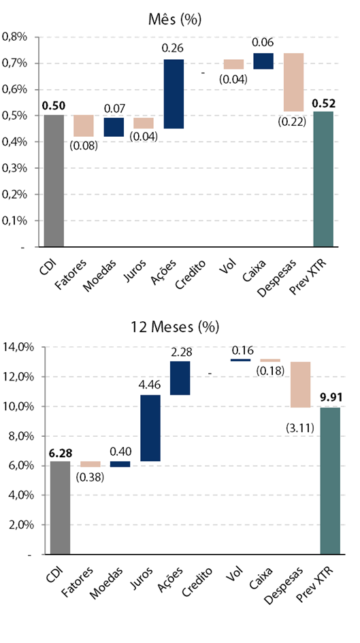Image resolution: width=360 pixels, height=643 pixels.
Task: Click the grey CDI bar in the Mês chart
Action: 54,181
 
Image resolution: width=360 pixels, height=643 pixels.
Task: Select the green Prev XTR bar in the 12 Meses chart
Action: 330,481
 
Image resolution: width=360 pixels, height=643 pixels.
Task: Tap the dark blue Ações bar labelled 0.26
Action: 174,94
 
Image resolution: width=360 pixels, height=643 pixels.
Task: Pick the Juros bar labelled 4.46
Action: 150,428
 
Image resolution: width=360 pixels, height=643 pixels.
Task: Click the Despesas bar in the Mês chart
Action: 293,82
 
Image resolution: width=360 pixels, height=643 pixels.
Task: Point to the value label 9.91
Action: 330,397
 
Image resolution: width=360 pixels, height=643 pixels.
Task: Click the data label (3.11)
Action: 300,429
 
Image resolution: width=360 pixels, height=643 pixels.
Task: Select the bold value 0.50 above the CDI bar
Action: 54,105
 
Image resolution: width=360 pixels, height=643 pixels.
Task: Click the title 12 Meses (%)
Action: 175,327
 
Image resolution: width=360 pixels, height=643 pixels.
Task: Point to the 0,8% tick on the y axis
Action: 15,37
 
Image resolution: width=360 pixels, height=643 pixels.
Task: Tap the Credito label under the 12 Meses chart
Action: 197,582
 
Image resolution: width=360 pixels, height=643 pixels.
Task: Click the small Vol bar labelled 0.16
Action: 240,360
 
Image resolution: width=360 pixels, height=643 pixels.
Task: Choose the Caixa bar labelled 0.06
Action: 263,61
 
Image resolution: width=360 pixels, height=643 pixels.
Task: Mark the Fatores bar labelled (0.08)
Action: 84,125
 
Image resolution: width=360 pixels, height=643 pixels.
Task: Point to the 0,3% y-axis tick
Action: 15,168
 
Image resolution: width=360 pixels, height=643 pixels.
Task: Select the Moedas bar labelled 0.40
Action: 120,464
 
